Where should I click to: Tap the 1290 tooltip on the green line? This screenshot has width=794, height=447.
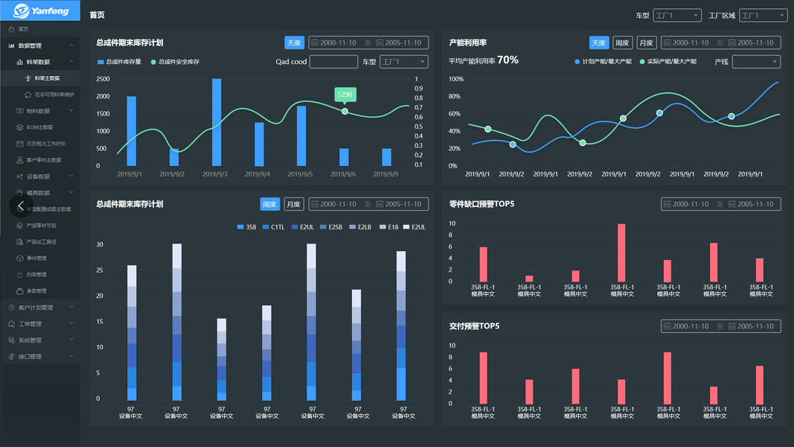click(x=345, y=95)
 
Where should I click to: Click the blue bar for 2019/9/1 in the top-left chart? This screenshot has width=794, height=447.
click(x=132, y=130)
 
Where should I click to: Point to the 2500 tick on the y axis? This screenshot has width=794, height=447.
click(x=103, y=79)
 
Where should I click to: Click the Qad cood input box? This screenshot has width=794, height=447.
click(x=333, y=62)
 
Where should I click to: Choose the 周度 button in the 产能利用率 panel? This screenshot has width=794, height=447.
click(x=622, y=42)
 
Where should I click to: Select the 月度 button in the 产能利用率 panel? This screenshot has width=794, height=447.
click(x=646, y=42)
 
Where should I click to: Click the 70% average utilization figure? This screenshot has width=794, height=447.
click(x=508, y=60)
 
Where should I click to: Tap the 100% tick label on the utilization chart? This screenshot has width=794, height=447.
click(x=456, y=79)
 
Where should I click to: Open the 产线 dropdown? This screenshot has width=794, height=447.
click(x=756, y=62)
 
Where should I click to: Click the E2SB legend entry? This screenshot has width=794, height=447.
click(x=331, y=226)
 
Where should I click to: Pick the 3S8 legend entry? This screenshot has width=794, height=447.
click(x=247, y=226)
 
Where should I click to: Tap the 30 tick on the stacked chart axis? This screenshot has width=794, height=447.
click(x=100, y=244)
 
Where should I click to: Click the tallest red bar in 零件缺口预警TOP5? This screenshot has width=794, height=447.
click(x=621, y=253)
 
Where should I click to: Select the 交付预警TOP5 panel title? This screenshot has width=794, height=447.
click(x=474, y=326)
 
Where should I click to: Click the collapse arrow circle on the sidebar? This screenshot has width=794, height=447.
click(x=21, y=205)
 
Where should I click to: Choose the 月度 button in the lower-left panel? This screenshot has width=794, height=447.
click(x=294, y=204)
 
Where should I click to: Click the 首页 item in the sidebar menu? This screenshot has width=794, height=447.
click(x=24, y=29)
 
